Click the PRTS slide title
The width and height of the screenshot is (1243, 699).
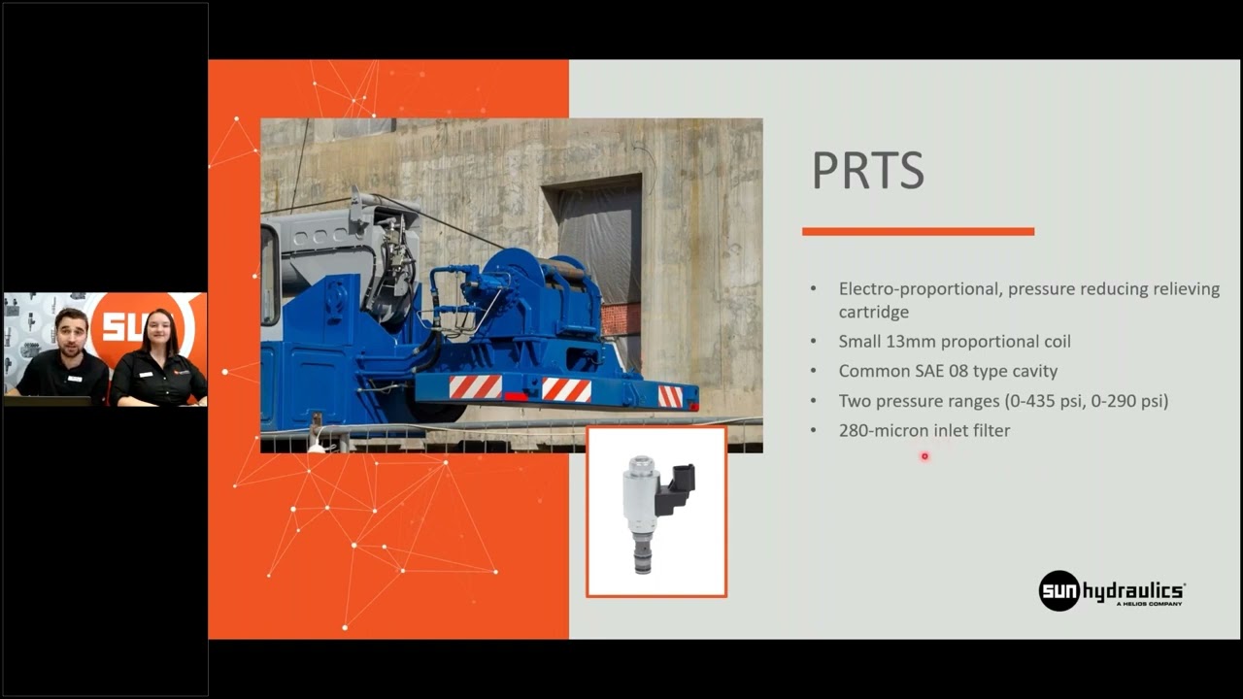[867, 171]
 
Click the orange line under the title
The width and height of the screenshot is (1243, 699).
[918, 231]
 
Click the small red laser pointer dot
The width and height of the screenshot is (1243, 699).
[924, 455]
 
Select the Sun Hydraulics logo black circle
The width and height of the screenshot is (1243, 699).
[1058, 590]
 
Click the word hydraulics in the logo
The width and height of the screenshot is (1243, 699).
[1133, 590]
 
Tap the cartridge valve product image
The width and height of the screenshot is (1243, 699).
[656, 512]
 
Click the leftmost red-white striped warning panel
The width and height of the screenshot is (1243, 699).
[475, 386]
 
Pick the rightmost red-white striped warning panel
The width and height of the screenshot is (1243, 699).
[670, 396]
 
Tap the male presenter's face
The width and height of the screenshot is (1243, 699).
[70, 333]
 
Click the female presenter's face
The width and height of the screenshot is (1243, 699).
[157, 335]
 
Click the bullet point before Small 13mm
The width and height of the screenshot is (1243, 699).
[814, 342]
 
